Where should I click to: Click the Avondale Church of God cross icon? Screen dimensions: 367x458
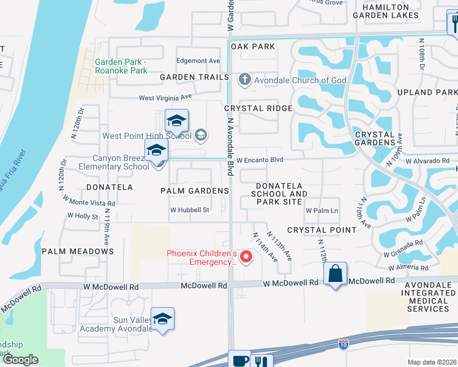click(x=244, y=79)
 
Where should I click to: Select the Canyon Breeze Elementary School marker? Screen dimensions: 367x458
click(x=156, y=150)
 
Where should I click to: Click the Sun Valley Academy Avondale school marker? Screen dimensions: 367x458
click(x=162, y=319)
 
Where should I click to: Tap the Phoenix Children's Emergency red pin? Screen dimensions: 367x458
click(x=246, y=257)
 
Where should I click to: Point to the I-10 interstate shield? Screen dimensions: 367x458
click(x=343, y=345)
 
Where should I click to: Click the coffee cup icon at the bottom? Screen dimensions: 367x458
click(x=239, y=360)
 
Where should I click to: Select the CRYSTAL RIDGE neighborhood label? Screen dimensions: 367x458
click(x=258, y=108)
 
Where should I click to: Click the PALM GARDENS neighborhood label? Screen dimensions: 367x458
click(x=194, y=191)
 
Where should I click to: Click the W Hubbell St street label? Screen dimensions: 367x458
click(x=190, y=210)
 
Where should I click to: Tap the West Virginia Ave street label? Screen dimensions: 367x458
click(x=165, y=97)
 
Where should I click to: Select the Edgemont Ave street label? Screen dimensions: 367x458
click(x=197, y=61)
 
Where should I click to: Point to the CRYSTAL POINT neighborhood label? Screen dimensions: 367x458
click(x=321, y=230)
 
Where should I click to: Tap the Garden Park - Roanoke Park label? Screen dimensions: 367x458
click(x=121, y=66)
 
